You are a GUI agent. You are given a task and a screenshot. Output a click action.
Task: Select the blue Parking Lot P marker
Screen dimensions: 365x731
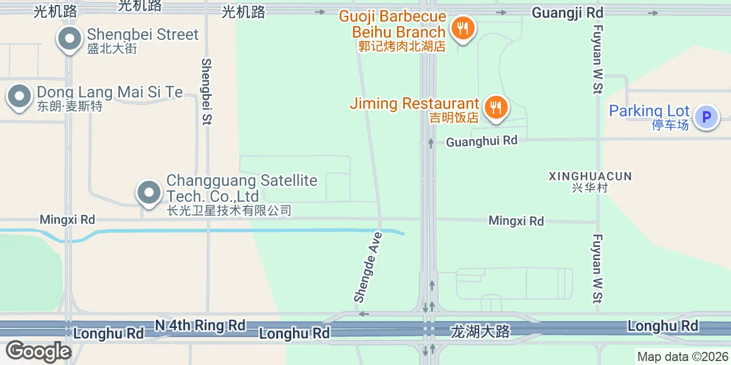click(706, 117)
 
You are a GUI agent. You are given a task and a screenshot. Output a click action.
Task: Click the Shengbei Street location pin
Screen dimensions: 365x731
click(70, 39)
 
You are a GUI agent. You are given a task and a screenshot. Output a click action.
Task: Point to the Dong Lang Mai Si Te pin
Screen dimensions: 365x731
click(19, 96)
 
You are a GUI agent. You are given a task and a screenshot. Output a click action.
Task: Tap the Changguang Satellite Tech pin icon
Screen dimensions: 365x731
click(149, 193)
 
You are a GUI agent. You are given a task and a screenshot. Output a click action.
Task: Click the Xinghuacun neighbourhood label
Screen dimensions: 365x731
click(590, 176)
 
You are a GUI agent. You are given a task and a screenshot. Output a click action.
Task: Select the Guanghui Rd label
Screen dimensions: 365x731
click(481, 141)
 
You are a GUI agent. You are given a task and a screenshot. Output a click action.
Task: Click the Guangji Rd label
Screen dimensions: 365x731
click(567, 12)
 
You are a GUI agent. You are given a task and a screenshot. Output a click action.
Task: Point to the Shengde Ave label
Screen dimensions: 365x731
click(368, 266)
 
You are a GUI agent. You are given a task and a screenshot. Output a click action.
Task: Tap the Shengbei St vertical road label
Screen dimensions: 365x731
click(206, 91)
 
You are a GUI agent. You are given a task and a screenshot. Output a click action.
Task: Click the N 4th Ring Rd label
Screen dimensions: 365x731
click(200, 326)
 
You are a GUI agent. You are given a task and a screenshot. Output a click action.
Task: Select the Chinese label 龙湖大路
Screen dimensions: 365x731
click(480, 331)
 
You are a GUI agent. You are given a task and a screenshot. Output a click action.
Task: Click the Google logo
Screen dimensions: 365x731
click(38, 351)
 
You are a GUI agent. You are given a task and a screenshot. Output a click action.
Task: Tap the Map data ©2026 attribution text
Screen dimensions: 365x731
click(683, 357)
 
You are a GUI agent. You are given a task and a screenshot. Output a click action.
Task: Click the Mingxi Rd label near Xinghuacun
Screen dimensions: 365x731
click(516, 221)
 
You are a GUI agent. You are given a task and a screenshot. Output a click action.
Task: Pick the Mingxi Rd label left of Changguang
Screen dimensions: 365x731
click(67, 220)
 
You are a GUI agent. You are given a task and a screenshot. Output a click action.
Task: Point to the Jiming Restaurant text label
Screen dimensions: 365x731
click(414, 104)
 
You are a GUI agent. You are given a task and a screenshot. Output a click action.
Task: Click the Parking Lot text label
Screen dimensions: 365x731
click(649, 111)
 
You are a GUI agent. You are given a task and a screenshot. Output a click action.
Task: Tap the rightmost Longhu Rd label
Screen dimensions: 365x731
click(662, 326)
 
